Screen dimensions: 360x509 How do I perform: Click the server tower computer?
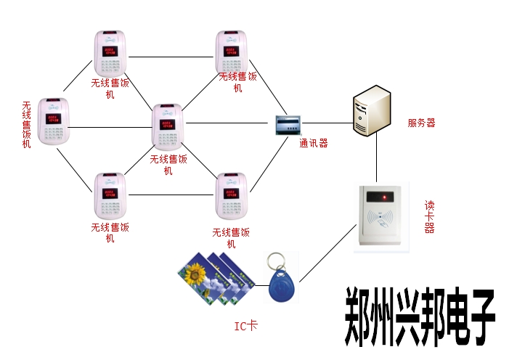click(x=372, y=110)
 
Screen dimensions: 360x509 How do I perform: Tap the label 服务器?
click(x=421, y=123)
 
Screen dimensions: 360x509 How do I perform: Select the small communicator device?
click(x=288, y=124)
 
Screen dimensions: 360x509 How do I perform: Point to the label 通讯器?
click(x=314, y=143)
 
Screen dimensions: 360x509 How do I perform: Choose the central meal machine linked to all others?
click(x=168, y=128)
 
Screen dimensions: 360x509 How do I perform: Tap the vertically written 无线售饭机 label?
click(x=27, y=125)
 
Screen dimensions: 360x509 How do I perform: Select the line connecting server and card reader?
click(x=376, y=160)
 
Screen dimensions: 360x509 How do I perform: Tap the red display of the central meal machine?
click(x=167, y=123)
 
